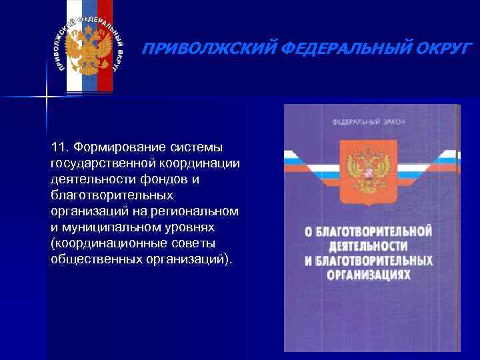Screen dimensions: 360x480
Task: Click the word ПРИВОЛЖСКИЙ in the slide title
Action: pyautogui.click(x=193, y=49)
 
